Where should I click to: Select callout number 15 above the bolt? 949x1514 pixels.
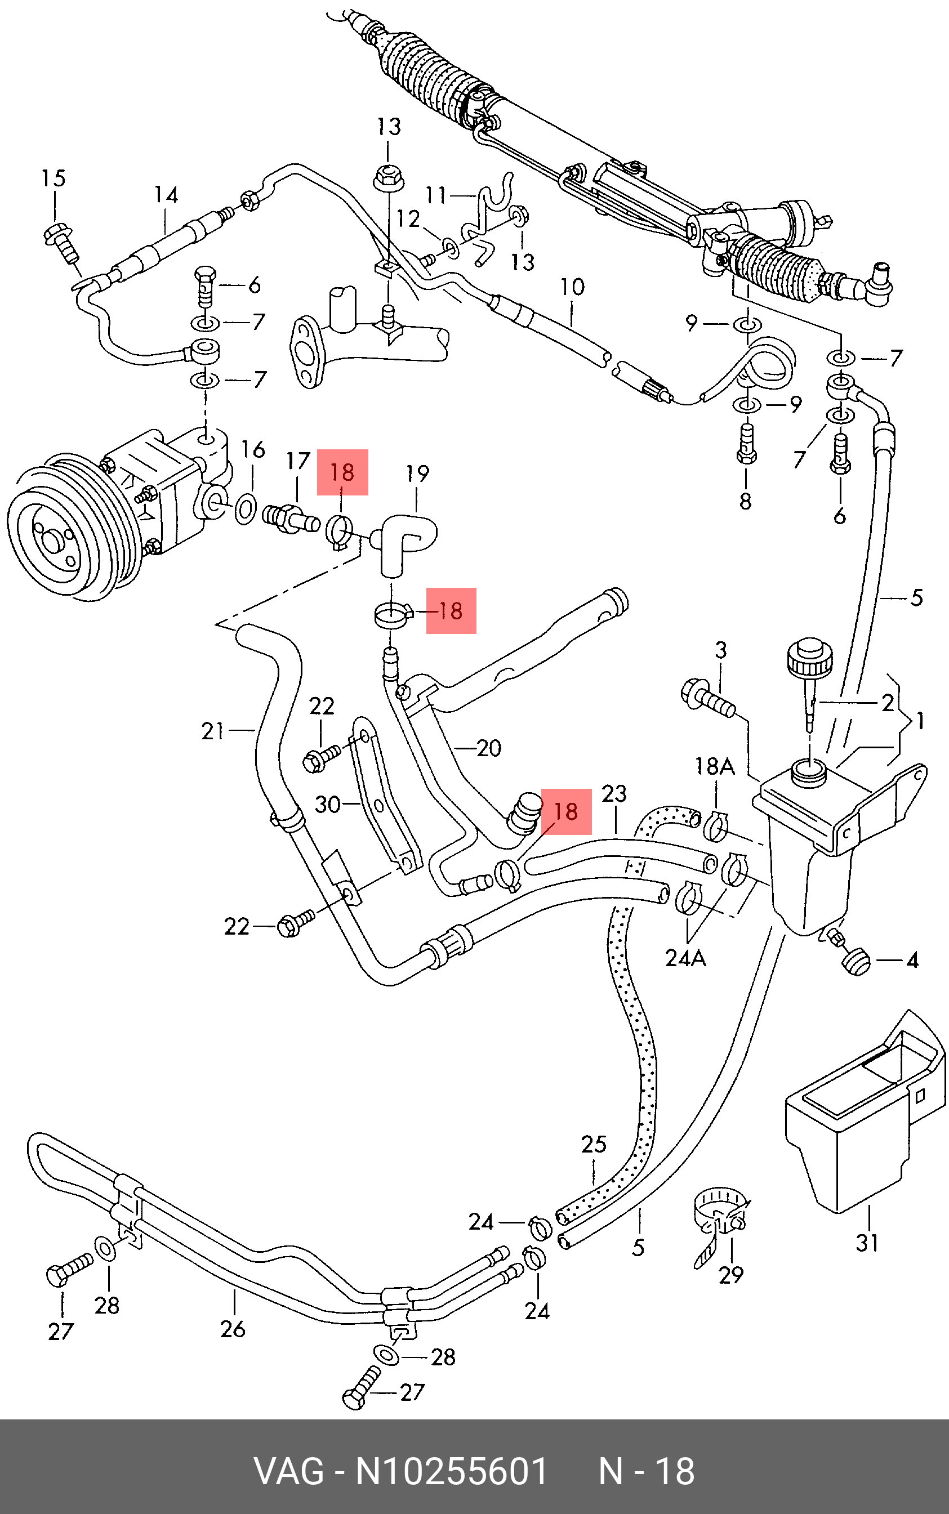[x=54, y=178]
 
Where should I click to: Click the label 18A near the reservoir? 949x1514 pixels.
[x=714, y=766]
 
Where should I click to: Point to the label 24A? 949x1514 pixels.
[x=685, y=958]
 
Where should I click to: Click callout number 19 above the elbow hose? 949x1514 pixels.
[x=417, y=473]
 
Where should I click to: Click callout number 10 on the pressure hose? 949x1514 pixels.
[x=572, y=287]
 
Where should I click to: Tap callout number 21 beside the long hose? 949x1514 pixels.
[x=213, y=731]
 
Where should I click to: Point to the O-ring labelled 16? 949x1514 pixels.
[x=246, y=509]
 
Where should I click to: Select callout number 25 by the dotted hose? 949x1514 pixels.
[x=594, y=1145]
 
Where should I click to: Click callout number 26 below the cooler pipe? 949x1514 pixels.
[x=233, y=1329]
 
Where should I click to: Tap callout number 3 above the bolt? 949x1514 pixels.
[x=721, y=650]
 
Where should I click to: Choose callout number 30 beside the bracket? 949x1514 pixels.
[x=328, y=805]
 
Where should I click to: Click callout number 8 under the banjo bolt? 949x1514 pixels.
[x=745, y=501]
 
